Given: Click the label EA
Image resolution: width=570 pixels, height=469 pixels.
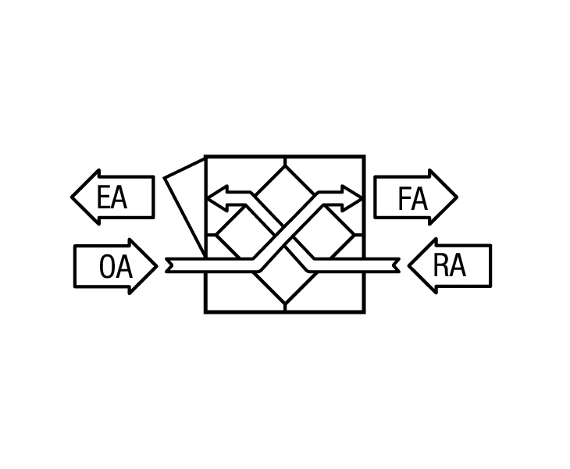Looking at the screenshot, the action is (112, 197).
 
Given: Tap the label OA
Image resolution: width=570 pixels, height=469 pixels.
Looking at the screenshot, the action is (116, 267).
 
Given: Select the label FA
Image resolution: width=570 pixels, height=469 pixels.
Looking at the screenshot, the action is (412, 198).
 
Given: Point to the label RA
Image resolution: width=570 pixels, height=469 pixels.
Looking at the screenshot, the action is (449, 265).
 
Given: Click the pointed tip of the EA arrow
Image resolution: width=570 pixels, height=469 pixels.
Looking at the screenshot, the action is (71, 197).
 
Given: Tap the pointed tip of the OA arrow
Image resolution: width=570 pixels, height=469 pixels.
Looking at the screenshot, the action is (158, 266).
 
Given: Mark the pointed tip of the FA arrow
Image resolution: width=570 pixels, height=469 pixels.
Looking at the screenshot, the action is (458, 197).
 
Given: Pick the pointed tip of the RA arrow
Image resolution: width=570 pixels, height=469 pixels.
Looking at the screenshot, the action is (408, 266).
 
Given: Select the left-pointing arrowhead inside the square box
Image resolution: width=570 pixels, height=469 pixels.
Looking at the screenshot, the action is (217, 198).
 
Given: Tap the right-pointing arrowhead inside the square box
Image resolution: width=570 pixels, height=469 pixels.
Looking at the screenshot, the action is (352, 198).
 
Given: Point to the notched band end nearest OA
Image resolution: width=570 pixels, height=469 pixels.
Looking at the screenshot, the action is (169, 265).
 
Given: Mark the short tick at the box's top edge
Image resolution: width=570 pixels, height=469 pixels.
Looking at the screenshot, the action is (285, 162).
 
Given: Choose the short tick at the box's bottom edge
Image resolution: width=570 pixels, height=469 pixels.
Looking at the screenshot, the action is (285, 307).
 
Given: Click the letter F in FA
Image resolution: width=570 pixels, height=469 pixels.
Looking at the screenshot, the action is (404, 198).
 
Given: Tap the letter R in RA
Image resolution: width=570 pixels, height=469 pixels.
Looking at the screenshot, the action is (440, 265).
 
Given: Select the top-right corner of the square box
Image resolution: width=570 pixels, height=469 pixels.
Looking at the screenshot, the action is (364, 156).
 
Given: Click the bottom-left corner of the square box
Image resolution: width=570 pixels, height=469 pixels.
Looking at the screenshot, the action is (205, 311).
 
